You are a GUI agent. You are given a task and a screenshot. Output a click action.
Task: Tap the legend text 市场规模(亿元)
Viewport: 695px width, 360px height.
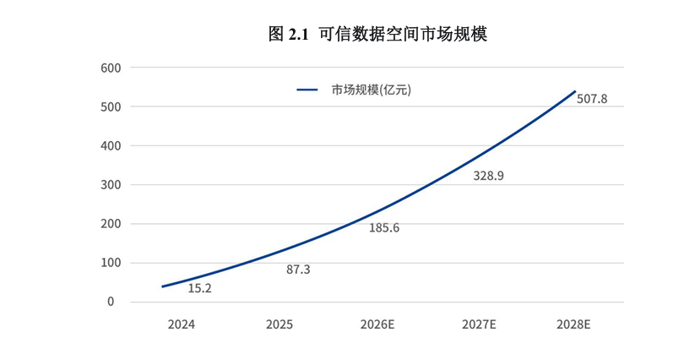(x=371, y=90)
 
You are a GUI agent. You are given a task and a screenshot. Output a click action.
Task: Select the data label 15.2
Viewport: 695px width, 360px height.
(x=199, y=288)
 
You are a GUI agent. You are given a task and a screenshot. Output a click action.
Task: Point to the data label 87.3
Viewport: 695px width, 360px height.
(x=298, y=270)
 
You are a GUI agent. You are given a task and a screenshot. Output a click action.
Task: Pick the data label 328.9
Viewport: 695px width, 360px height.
(x=488, y=176)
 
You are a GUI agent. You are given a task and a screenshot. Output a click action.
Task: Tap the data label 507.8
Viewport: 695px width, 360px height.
(x=592, y=99)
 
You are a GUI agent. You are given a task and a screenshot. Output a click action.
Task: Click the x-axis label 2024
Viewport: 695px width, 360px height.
(x=181, y=324)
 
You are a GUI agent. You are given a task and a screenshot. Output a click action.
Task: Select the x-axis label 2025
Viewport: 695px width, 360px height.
(x=280, y=324)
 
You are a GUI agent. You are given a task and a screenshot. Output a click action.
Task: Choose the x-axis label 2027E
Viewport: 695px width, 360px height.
(x=480, y=324)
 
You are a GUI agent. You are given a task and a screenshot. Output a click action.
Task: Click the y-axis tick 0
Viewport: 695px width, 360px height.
(x=111, y=302)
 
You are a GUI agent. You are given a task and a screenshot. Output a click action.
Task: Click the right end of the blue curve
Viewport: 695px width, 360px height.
(x=574, y=91)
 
